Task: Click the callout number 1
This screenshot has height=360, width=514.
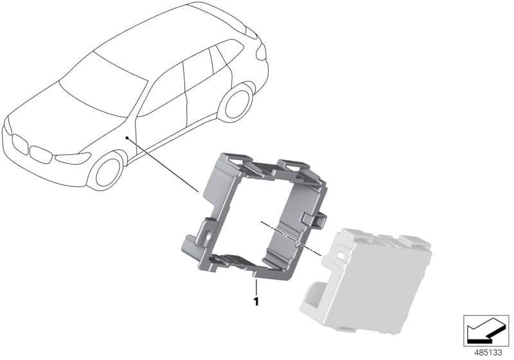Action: [x=256, y=301]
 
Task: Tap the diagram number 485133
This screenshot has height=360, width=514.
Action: [x=488, y=353]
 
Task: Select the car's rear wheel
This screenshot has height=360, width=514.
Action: [x=236, y=104]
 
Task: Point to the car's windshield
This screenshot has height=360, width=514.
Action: [x=103, y=85]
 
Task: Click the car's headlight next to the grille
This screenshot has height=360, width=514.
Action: [x=73, y=158]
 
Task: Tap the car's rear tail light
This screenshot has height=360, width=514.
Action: [x=261, y=52]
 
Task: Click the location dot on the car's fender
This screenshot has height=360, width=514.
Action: [x=127, y=138]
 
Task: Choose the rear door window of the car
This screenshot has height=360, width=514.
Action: [x=199, y=70]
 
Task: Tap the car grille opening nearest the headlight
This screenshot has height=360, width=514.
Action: [x=40, y=154]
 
